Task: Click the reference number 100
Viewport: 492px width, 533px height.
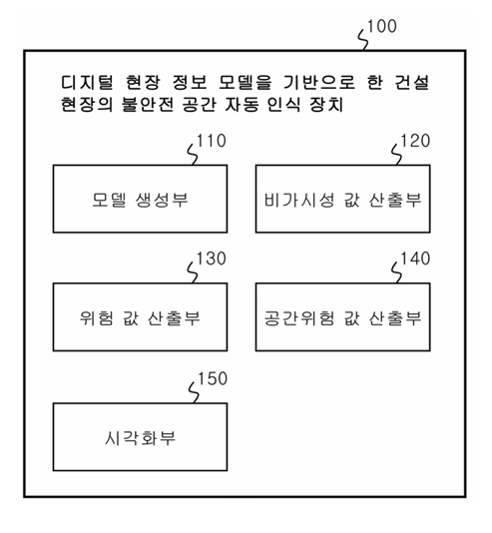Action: [382, 27]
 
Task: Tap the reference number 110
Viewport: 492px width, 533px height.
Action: [212, 141]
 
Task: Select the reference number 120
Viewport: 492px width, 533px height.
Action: [415, 141]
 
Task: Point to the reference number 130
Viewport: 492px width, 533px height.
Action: [212, 259]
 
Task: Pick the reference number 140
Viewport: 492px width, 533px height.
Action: [415, 259]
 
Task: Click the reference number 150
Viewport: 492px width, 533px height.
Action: [213, 378]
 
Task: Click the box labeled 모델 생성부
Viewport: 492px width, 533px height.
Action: [140, 199]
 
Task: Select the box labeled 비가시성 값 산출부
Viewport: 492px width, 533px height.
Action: [343, 199]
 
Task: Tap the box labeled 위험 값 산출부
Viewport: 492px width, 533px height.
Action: [140, 316]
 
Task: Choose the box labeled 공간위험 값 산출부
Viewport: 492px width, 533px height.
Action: [343, 316]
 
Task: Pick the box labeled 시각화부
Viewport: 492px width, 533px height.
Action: [140, 437]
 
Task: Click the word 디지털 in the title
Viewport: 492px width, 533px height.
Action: [87, 82]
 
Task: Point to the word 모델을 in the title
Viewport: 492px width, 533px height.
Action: [245, 82]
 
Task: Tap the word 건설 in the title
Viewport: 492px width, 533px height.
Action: [412, 82]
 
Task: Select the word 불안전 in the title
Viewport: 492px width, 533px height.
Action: [148, 104]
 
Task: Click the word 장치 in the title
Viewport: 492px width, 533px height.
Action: [326, 104]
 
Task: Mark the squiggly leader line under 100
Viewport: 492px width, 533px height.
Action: [364, 40]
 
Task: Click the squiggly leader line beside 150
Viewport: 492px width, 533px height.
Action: [194, 392]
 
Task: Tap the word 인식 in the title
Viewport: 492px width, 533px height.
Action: [283, 104]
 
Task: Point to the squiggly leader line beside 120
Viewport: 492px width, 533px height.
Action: [396, 155]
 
